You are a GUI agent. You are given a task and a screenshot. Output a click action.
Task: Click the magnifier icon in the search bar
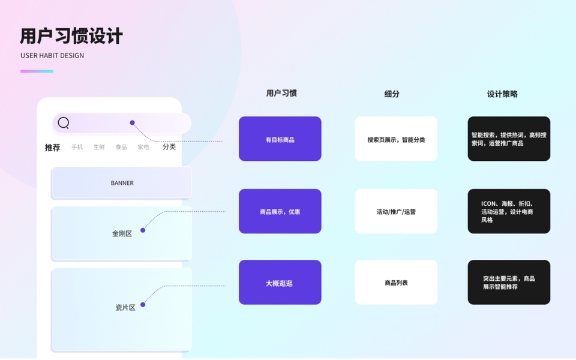[64, 123]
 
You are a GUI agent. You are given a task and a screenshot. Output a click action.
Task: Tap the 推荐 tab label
[53, 148]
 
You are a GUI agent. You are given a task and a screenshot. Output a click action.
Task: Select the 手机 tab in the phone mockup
[77, 147]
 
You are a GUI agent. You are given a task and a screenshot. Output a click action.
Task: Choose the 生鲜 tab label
[99, 147]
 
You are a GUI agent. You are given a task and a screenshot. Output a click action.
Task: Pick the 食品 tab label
[121, 147]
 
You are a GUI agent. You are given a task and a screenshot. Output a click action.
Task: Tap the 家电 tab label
[143, 147]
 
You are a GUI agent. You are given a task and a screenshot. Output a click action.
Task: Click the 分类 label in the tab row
[169, 147]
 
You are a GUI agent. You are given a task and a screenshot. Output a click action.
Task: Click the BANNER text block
[122, 183]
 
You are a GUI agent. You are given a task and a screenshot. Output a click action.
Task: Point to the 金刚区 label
[122, 233]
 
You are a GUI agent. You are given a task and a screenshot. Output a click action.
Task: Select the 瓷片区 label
[125, 307]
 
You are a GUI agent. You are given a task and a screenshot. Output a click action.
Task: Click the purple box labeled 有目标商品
[280, 139]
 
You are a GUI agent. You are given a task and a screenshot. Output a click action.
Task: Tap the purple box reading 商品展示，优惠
[280, 211]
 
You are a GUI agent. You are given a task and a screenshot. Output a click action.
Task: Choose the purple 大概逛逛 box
[280, 283]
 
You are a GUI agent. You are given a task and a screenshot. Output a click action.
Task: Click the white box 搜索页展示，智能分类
[396, 139]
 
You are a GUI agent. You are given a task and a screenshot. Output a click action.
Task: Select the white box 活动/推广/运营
[396, 211]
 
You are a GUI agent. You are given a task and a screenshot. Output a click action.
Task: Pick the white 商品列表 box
[396, 283]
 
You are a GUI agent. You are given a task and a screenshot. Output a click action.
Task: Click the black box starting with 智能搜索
[509, 139]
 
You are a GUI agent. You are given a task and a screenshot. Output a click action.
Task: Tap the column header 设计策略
[502, 94]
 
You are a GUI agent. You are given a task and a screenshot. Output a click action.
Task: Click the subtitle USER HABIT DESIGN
[52, 56]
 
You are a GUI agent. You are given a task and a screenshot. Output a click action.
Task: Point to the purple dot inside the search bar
[132, 123]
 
